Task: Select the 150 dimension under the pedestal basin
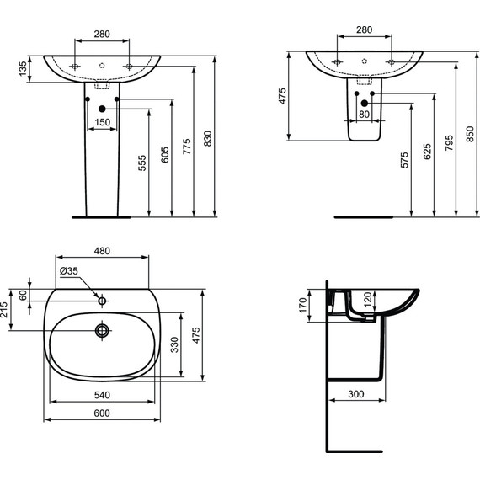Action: coord(102,122)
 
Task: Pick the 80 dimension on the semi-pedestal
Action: coord(364,114)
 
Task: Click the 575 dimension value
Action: coord(404,163)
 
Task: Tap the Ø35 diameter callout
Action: coord(69,270)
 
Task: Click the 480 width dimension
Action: coord(103,250)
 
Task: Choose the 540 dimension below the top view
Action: coord(103,393)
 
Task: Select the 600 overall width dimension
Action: coord(103,413)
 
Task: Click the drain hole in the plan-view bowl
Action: coord(103,330)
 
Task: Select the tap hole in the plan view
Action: coord(102,300)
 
